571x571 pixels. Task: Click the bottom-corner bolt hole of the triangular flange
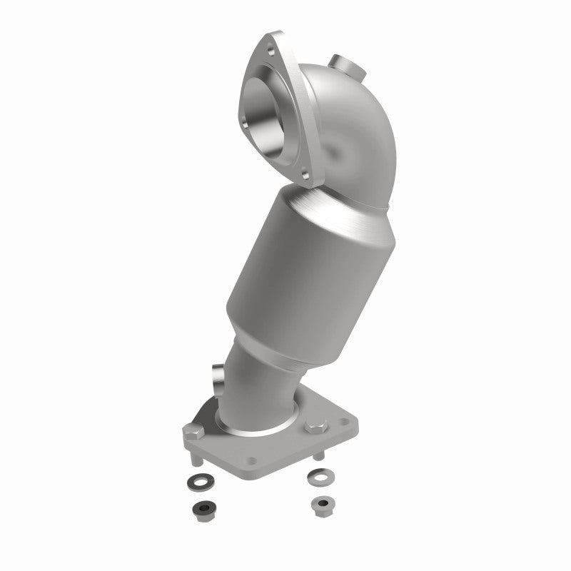pos(304,173)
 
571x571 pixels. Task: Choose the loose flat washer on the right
pos(318,474)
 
